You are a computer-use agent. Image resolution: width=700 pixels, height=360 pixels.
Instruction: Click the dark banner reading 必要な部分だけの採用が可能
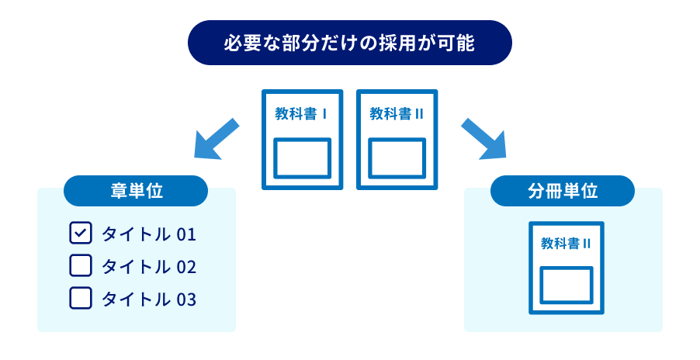tap(350, 42)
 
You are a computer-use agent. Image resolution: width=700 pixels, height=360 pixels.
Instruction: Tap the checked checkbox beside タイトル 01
tap(81, 234)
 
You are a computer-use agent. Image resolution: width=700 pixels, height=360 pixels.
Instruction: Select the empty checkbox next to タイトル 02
tap(81, 266)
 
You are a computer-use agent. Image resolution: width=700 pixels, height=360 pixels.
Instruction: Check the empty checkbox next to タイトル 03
tap(81, 298)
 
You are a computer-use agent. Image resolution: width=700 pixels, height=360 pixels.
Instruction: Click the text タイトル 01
tap(148, 234)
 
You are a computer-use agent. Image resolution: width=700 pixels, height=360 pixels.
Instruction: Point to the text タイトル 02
tap(148, 267)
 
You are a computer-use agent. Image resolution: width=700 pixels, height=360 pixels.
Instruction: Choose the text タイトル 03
tap(148, 299)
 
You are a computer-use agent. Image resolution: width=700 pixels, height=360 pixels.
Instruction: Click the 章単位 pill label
tap(136, 191)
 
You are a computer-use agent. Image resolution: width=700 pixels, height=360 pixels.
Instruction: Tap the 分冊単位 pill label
tap(563, 191)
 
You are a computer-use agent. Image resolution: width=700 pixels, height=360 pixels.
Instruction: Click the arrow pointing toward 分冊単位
tap(483, 138)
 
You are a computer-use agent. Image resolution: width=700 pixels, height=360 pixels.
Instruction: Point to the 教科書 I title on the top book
tap(301, 114)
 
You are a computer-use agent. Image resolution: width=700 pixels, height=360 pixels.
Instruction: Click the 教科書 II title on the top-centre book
tap(397, 114)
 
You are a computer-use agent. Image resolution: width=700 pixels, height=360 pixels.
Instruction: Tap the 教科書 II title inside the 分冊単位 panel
tap(567, 244)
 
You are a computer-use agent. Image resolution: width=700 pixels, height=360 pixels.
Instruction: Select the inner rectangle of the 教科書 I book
tap(303, 158)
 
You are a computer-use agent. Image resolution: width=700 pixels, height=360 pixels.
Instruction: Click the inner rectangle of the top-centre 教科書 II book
tap(397, 158)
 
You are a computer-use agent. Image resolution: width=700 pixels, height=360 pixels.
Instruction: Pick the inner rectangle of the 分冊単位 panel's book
tap(567, 286)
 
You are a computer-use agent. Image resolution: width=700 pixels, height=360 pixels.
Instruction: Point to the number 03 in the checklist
tap(186, 299)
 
